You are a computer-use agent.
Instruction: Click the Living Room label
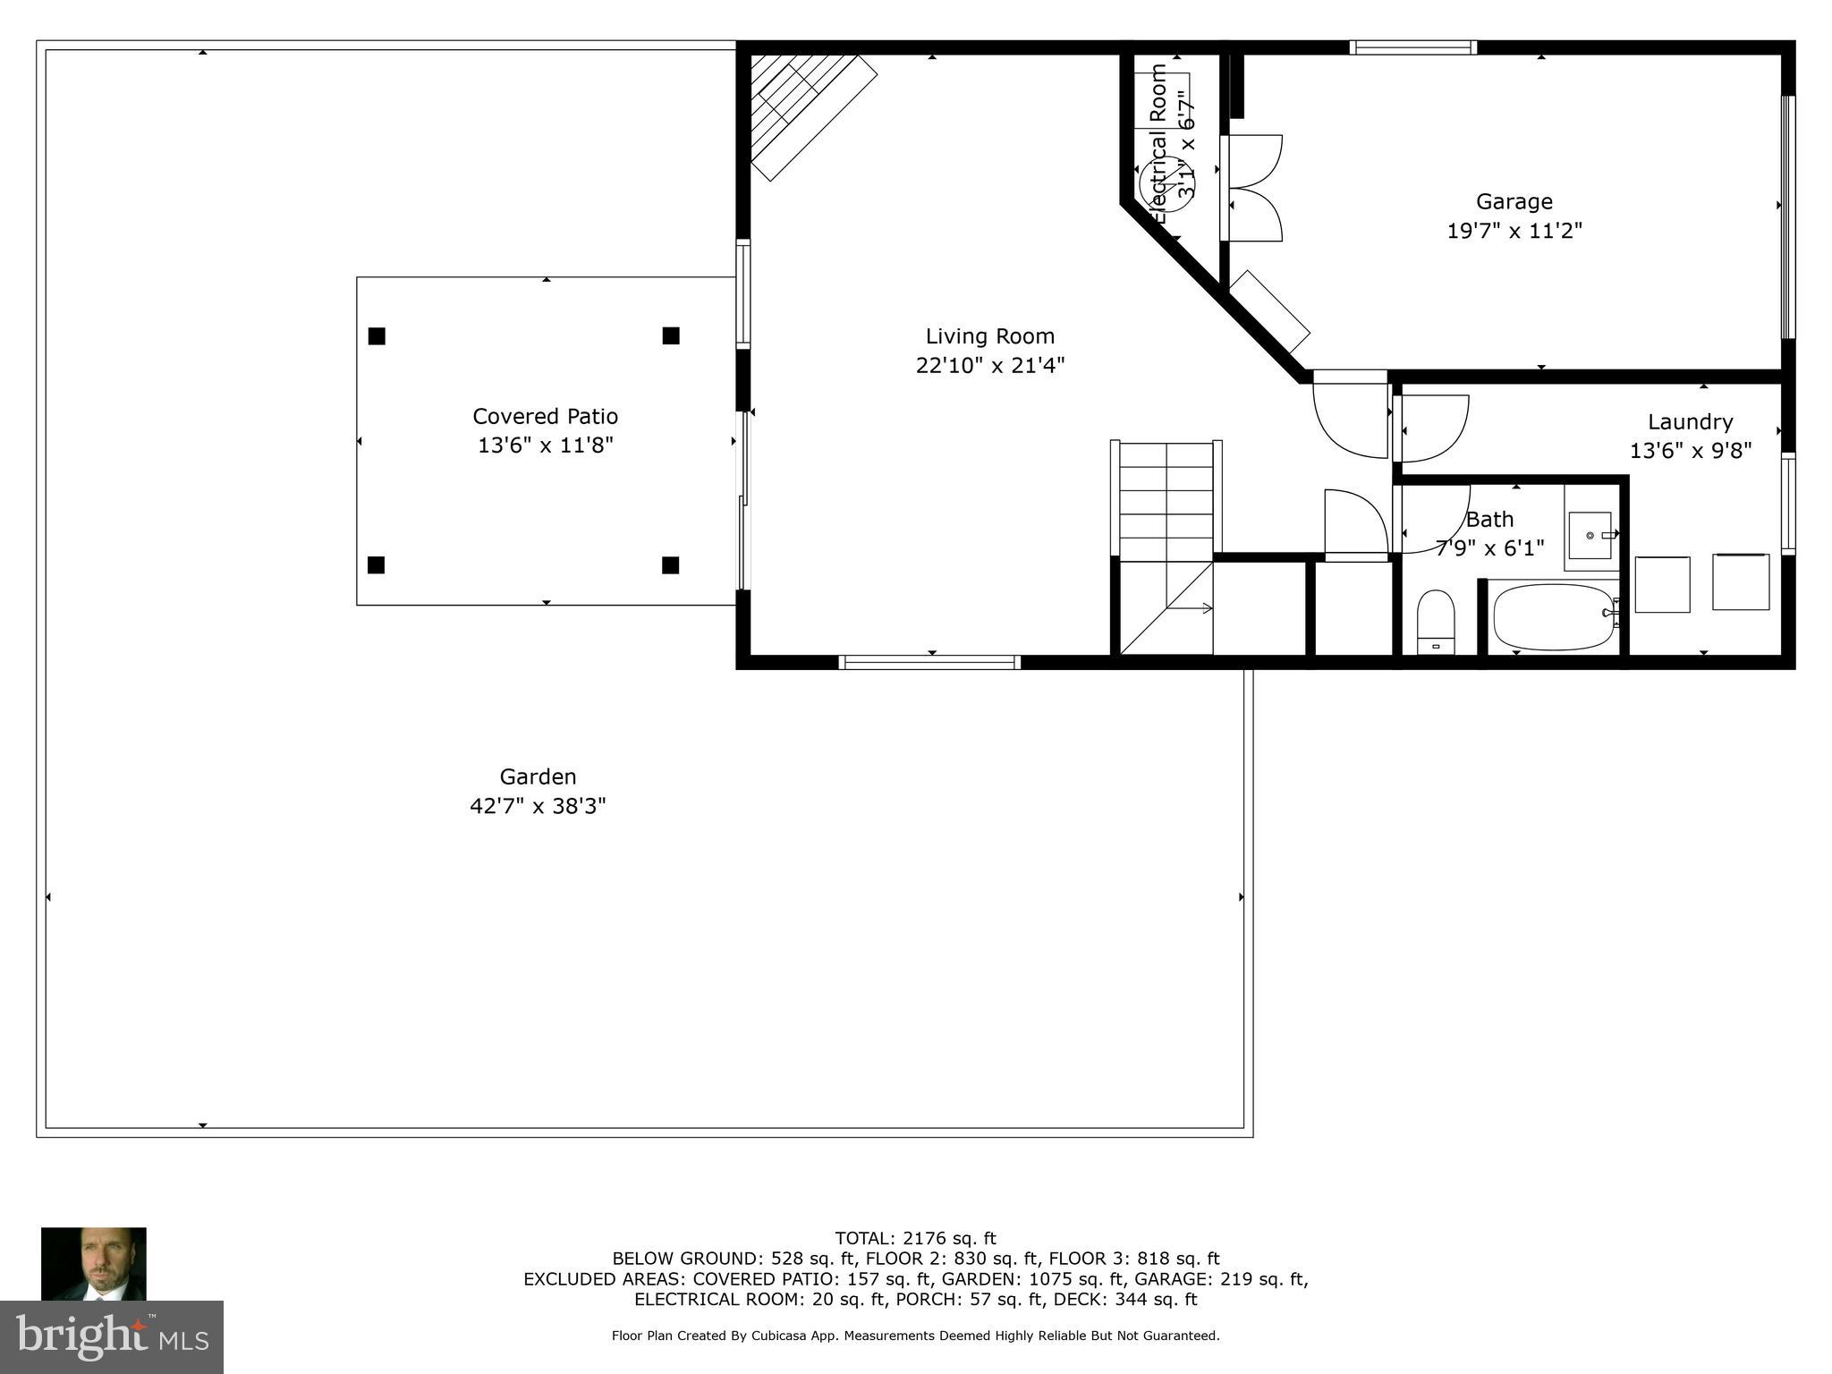tap(989, 336)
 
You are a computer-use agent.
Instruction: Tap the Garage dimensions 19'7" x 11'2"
tap(1514, 231)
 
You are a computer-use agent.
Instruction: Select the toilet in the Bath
tap(1436, 622)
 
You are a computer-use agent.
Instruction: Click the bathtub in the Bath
tap(1554, 616)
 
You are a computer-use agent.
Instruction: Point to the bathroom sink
tap(1590, 535)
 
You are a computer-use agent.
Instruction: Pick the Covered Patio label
tap(545, 416)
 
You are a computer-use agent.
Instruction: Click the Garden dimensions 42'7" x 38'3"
tap(538, 806)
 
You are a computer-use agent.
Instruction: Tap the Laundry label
tap(1690, 421)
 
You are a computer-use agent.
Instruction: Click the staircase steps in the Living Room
tap(1166, 501)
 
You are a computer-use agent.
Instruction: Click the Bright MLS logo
tap(111, 1336)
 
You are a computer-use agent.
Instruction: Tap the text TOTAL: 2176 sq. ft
tap(915, 1238)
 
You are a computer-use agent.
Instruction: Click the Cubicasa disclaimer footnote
tap(915, 1336)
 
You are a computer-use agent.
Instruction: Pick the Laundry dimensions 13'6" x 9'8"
tap(1690, 451)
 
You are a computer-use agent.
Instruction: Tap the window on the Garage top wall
tap(1412, 47)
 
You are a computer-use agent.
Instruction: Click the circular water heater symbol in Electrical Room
tap(1166, 184)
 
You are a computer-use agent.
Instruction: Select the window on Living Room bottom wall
tap(929, 662)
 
